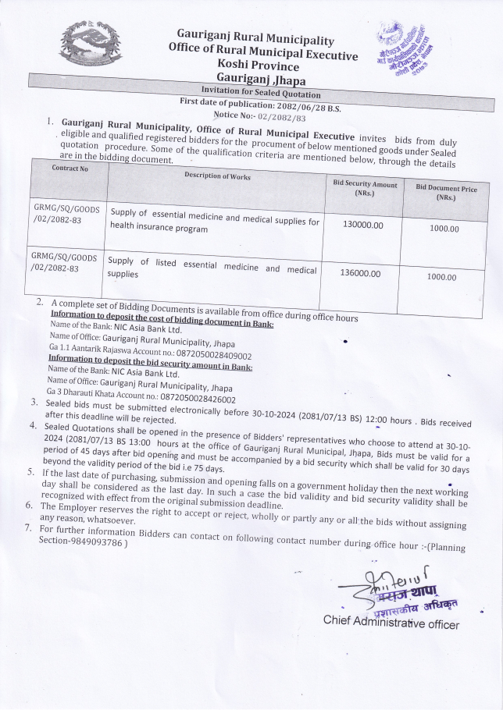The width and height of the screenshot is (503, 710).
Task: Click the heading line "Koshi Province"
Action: tap(259, 68)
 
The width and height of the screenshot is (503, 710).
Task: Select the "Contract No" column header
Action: tap(70, 168)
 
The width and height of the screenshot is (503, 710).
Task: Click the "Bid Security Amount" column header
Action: tap(365, 188)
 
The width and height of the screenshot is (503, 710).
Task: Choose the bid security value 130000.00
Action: tap(363, 224)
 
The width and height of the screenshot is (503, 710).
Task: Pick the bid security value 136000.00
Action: tap(361, 273)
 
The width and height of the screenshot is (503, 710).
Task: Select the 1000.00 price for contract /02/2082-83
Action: tap(442, 277)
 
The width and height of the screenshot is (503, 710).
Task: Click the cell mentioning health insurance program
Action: tap(215, 224)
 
